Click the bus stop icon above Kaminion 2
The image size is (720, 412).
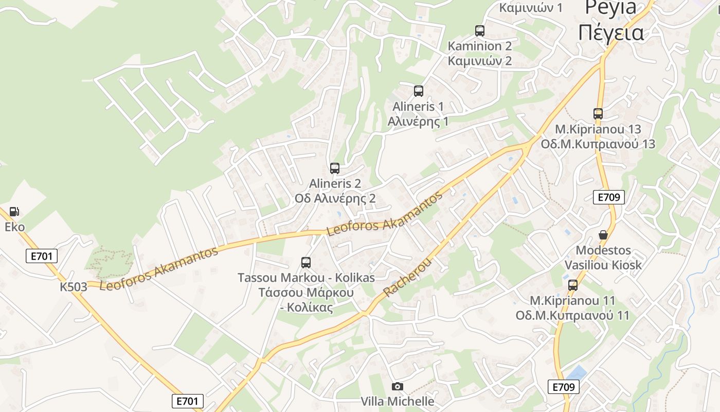coord(480,31)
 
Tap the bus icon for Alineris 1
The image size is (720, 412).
coord(419,91)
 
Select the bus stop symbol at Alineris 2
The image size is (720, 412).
coord(335,168)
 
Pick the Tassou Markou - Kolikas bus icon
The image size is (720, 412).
coord(306,263)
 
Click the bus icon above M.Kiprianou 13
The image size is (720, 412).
coord(598,114)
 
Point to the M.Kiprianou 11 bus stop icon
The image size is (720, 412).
coord(572,285)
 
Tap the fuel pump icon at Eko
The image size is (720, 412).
coord(14,212)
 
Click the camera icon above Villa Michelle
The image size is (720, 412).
coord(397,386)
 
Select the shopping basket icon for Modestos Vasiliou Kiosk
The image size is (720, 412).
coord(603,235)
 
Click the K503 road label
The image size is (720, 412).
coord(74,287)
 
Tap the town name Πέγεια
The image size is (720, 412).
coord(611,32)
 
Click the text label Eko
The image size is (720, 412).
coord(14,227)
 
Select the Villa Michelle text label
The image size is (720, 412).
coord(398,401)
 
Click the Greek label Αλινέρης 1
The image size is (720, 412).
coord(418,122)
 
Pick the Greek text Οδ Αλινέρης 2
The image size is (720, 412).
coord(335,198)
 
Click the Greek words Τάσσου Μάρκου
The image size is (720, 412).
coord(306,293)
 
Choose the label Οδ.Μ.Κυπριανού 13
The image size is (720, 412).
coord(598,144)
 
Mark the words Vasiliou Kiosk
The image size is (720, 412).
coord(603,265)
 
